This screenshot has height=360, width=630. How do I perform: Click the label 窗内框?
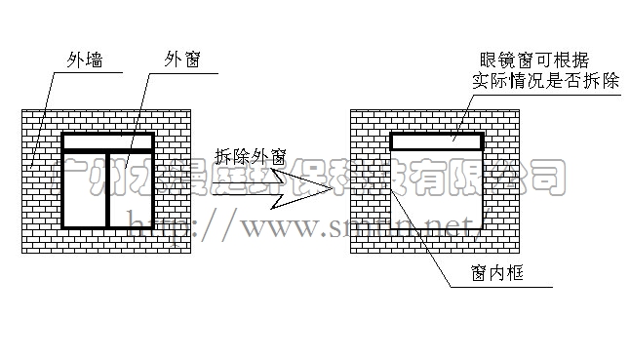click(x=503, y=275)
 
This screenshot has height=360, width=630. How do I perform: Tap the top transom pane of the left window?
click(x=107, y=142)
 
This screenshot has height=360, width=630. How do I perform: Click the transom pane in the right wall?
click(x=438, y=141)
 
